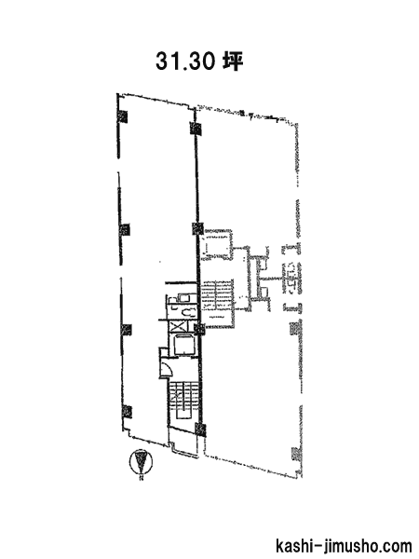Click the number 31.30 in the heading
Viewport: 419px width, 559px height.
coord(184,61)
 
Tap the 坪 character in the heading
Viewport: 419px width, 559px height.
coord(233,61)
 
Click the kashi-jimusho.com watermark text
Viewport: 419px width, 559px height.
coord(344,547)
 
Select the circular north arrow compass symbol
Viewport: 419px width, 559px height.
coord(142,462)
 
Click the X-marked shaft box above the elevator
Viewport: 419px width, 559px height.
coord(177,327)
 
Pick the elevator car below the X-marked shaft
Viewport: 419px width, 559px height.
coord(182,345)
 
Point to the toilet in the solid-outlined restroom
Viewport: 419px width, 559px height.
coord(188,313)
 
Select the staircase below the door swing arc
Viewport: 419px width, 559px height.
coord(183,402)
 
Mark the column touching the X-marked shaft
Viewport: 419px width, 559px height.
coord(199,329)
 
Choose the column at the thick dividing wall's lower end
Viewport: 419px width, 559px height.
coord(200,429)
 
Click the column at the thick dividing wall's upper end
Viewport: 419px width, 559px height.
coord(195,128)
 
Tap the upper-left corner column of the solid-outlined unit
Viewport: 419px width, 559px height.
coord(123,116)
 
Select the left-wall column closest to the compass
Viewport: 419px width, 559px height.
coord(127,412)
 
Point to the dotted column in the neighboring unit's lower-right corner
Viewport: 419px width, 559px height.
coord(296,455)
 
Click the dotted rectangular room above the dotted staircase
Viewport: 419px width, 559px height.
coord(217,244)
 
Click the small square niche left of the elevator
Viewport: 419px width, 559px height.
coord(163,352)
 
